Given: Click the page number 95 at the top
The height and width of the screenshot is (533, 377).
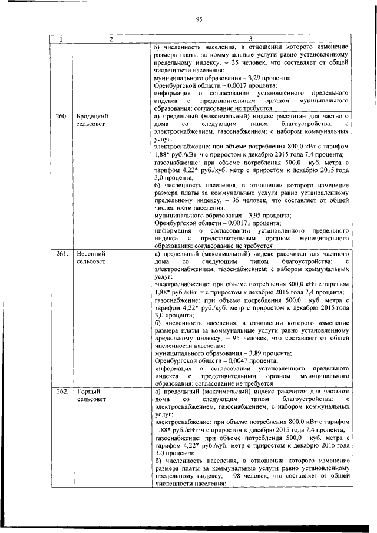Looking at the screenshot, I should (199, 19).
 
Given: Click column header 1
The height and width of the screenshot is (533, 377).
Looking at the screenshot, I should (61, 39).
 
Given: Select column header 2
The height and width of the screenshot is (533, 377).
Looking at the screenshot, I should (111, 39).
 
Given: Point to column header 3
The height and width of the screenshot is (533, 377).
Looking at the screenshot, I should (250, 39).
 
